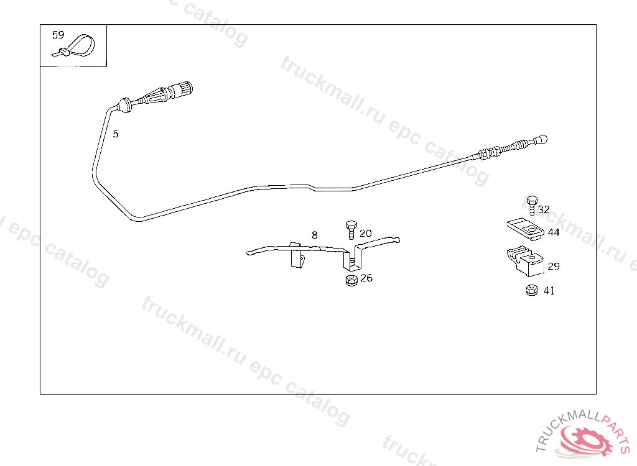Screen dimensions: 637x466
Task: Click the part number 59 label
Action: click(x=58, y=35)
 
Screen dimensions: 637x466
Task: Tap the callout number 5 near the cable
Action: click(x=115, y=134)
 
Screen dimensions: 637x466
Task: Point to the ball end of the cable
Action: click(x=542, y=139)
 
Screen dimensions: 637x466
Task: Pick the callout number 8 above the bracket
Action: click(x=315, y=235)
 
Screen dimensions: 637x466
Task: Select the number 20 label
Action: click(x=365, y=234)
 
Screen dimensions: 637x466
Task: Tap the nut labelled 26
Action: click(x=350, y=280)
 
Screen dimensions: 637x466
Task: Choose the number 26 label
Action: click(x=366, y=278)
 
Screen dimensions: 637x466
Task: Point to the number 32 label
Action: click(x=544, y=210)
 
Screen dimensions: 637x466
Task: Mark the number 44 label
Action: click(x=553, y=232)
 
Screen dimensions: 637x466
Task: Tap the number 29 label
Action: click(x=553, y=266)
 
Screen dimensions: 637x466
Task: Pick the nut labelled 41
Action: click(x=531, y=290)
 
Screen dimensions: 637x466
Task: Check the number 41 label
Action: click(x=549, y=290)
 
